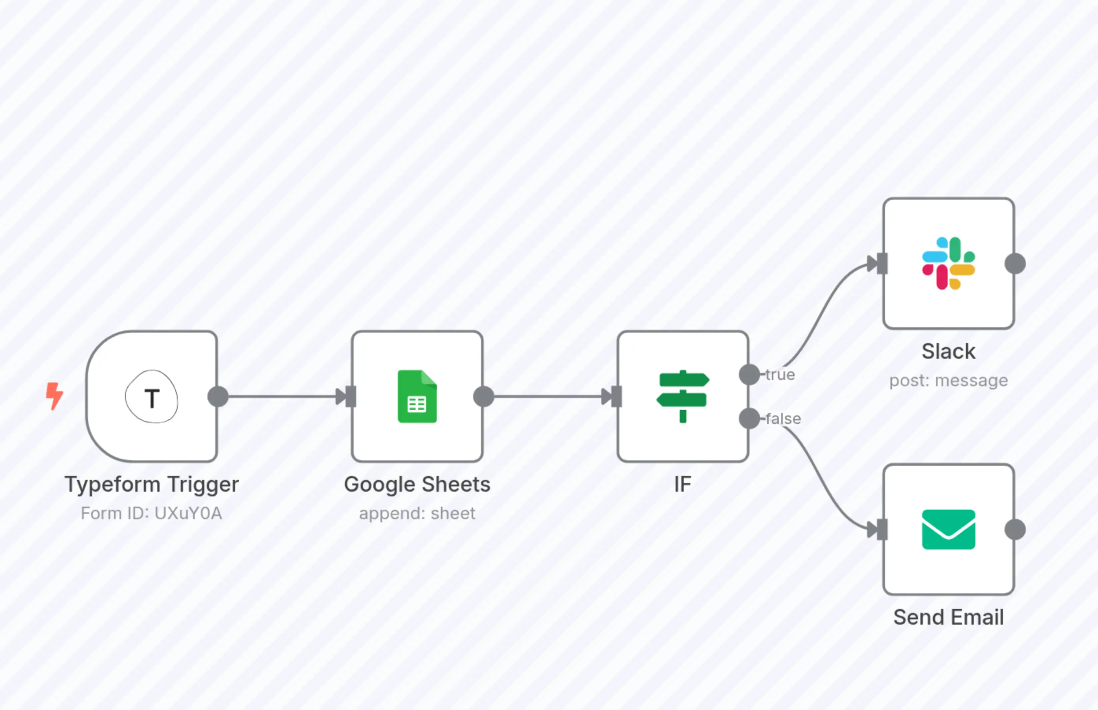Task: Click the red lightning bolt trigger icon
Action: pyautogui.click(x=54, y=396)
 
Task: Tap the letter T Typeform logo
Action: pyautogui.click(x=152, y=397)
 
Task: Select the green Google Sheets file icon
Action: pyautogui.click(x=417, y=396)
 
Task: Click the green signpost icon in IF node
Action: pyautogui.click(x=683, y=396)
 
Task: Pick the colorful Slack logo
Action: pyautogui.click(x=948, y=263)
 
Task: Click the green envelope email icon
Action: pyautogui.click(x=948, y=529)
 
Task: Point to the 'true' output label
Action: pyautogui.click(x=780, y=375)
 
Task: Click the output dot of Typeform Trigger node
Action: pyautogui.click(x=218, y=396)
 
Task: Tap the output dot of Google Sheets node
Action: pyautogui.click(x=484, y=396)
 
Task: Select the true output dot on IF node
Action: pyautogui.click(x=749, y=374)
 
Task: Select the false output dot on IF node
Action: pyautogui.click(x=749, y=419)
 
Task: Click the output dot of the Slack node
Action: pyautogui.click(x=1015, y=264)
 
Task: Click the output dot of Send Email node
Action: pyautogui.click(x=1015, y=529)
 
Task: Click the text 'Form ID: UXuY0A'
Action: pyautogui.click(x=152, y=514)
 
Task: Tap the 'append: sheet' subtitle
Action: pyautogui.click(x=417, y=514)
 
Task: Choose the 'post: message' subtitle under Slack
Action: pyautogui.click(x=948, y=381)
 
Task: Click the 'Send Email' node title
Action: pyautogui.click(x=948, y=617)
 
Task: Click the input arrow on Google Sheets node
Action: pyautogui.click(x=346, y=396)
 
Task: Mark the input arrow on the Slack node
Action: pyautogui.click(x=878, y=264)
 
